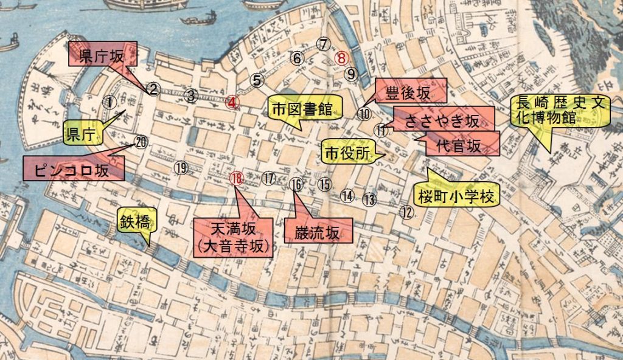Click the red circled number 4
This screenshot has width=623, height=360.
click(233, 102)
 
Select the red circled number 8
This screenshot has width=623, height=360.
click(342, 58)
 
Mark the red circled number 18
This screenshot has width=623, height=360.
click(237, 178)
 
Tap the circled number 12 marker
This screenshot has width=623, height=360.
click(407, 212)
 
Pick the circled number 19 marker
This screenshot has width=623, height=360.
click(181, 168)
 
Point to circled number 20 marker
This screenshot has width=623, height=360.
click(141, 142)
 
